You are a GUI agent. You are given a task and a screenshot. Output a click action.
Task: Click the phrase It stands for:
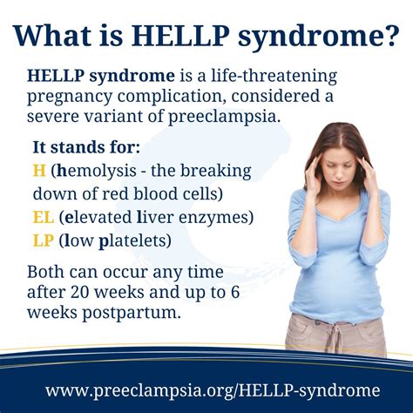tap(79, 146)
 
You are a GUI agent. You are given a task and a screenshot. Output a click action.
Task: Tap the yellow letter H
tap(39, 169)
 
